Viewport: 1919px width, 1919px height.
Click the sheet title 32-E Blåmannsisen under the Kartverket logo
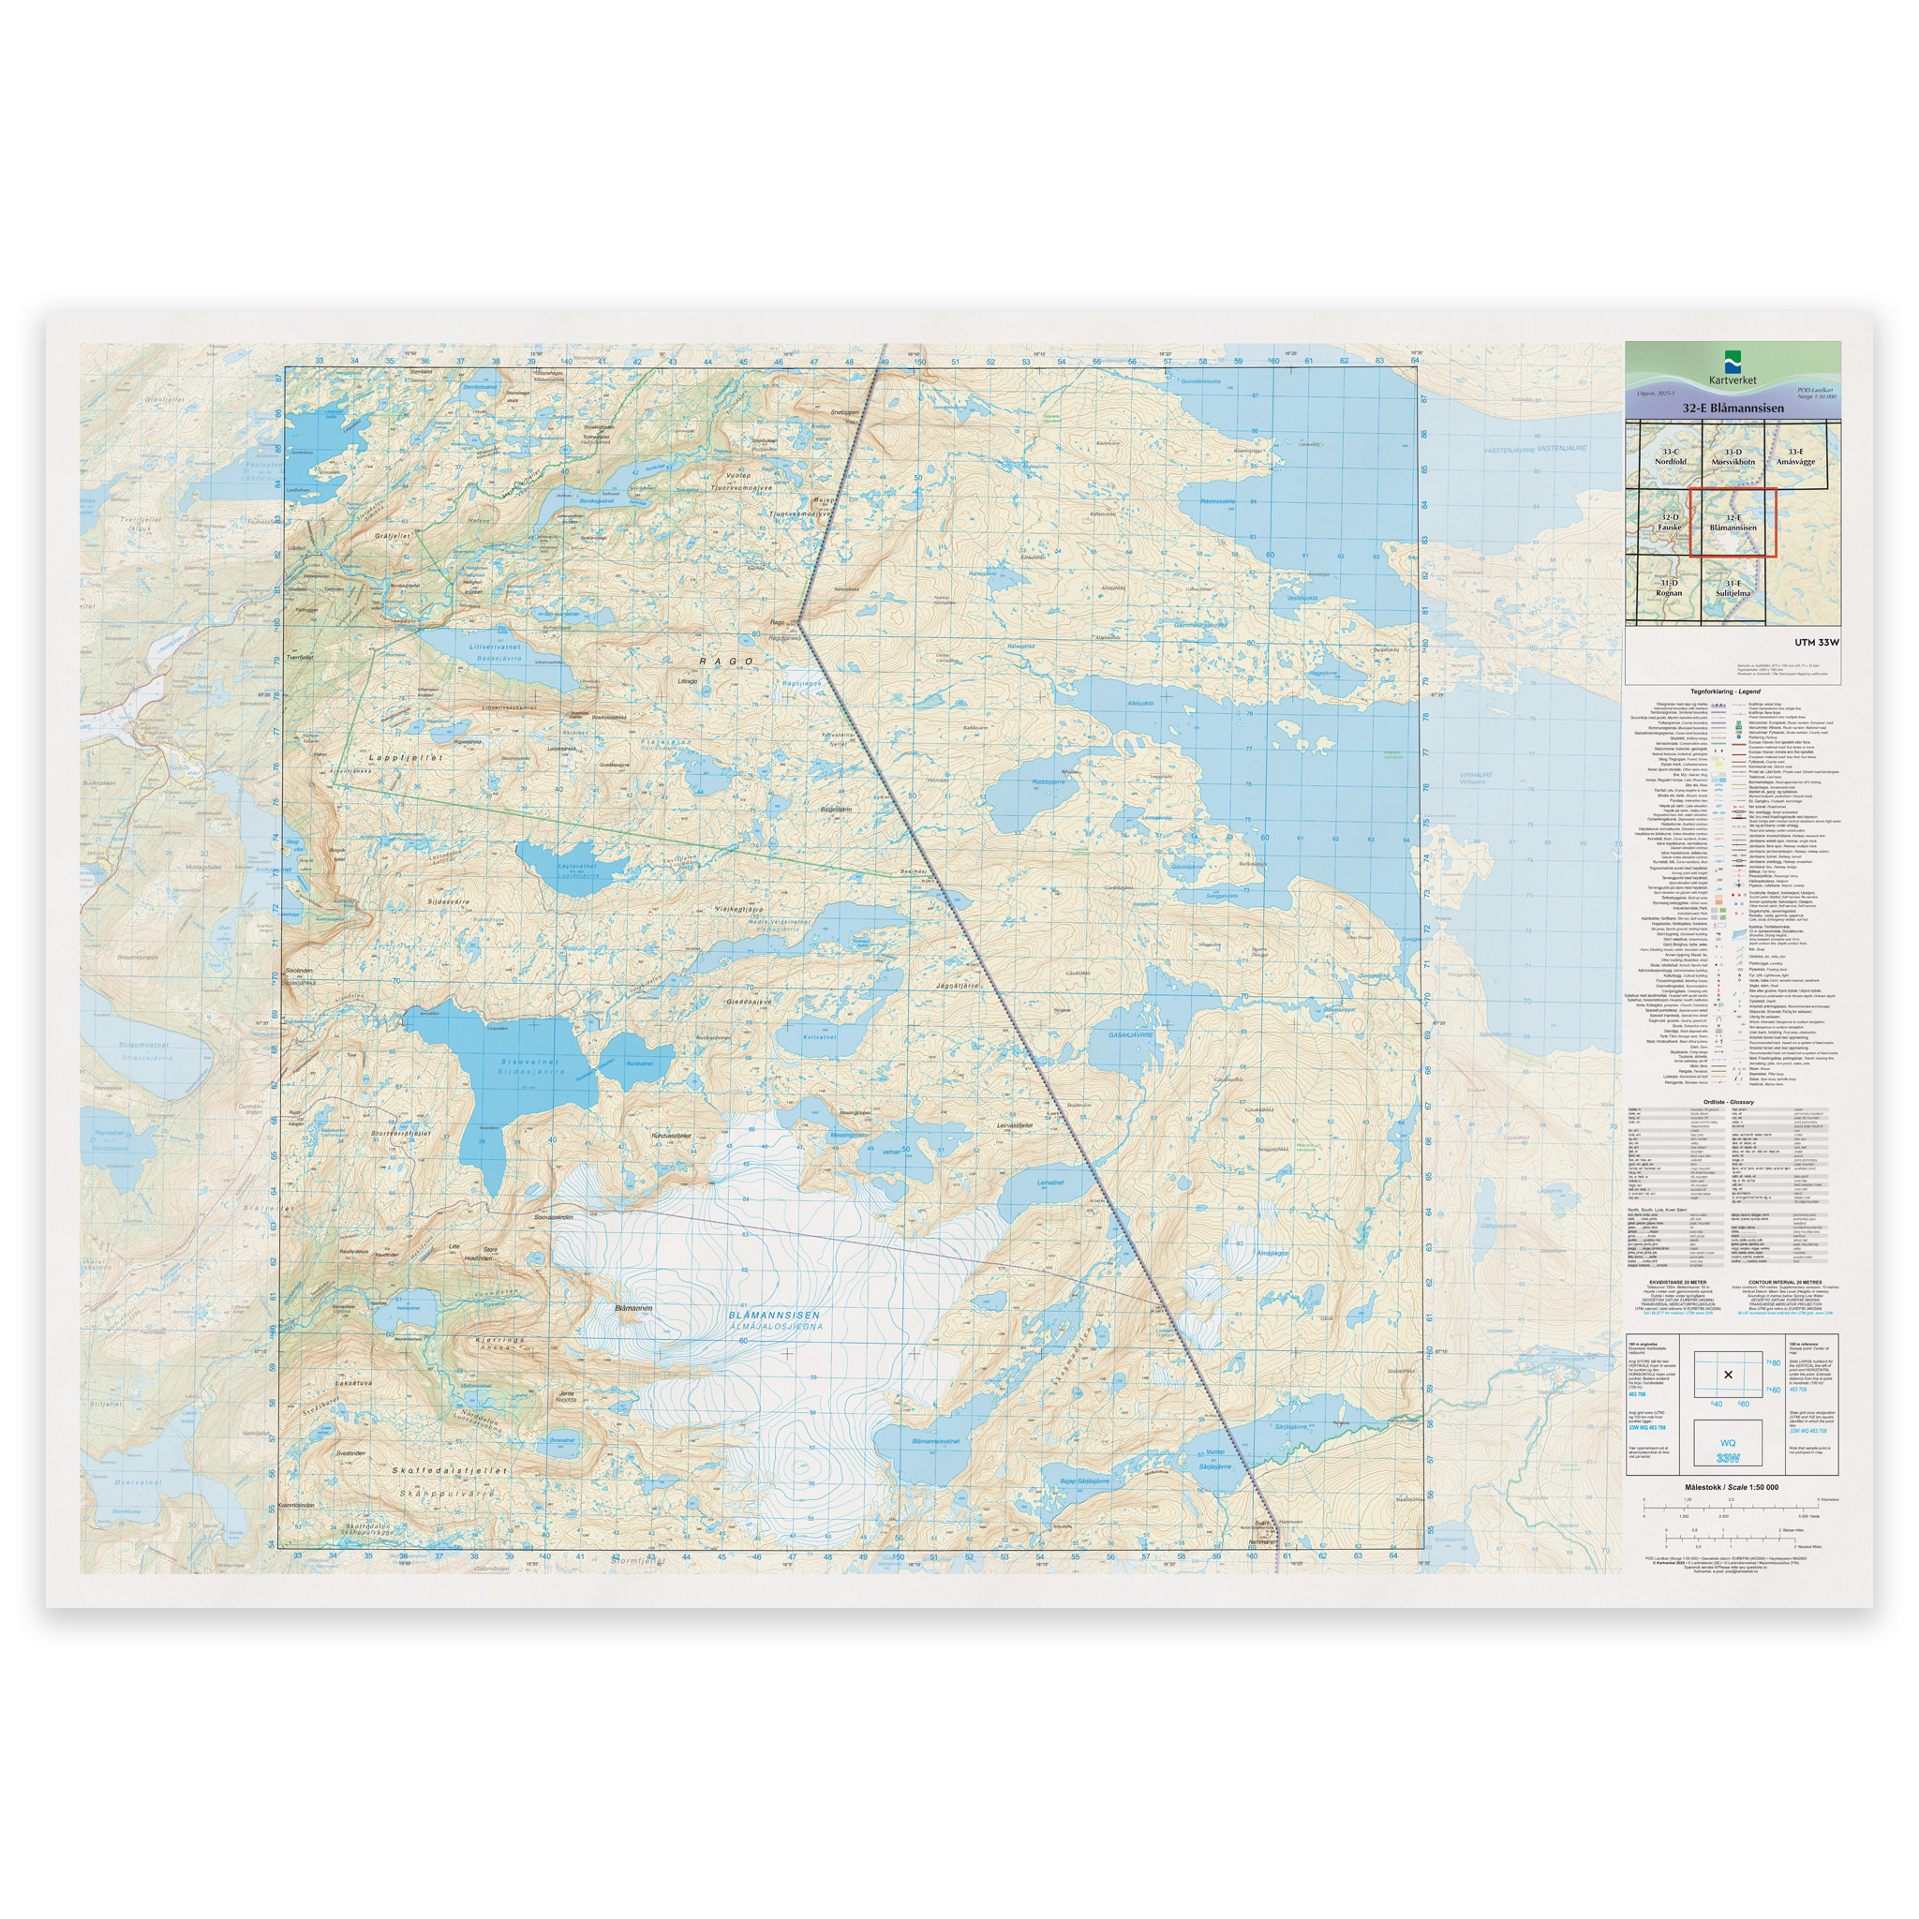pyautogui.click(x=1733, y=408)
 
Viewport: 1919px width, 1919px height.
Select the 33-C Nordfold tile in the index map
pyautogui.click(x=1670, y=457)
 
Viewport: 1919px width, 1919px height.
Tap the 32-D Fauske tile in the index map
pyautogui.click(x=1669, y=522)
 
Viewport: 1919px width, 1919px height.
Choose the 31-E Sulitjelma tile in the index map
pyautogui.click(x=1733, y=588)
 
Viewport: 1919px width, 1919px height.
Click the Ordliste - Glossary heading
pyautogui.click(x=1727, y=1102)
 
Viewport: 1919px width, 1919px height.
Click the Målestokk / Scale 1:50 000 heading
pyautogui.click(x=1732, y=1487)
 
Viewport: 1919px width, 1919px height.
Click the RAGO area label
pyautogui.click(x=726, y=661)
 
